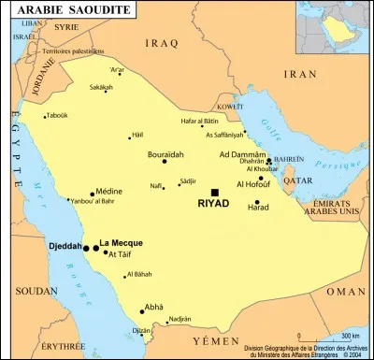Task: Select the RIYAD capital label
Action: coord(214,203)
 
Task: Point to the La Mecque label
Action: coord(120,242)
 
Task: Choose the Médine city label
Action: coord(109,190)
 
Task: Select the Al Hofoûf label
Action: coord(255,184)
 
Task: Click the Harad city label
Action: coord(256,207)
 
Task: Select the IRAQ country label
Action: coord(163,43)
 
